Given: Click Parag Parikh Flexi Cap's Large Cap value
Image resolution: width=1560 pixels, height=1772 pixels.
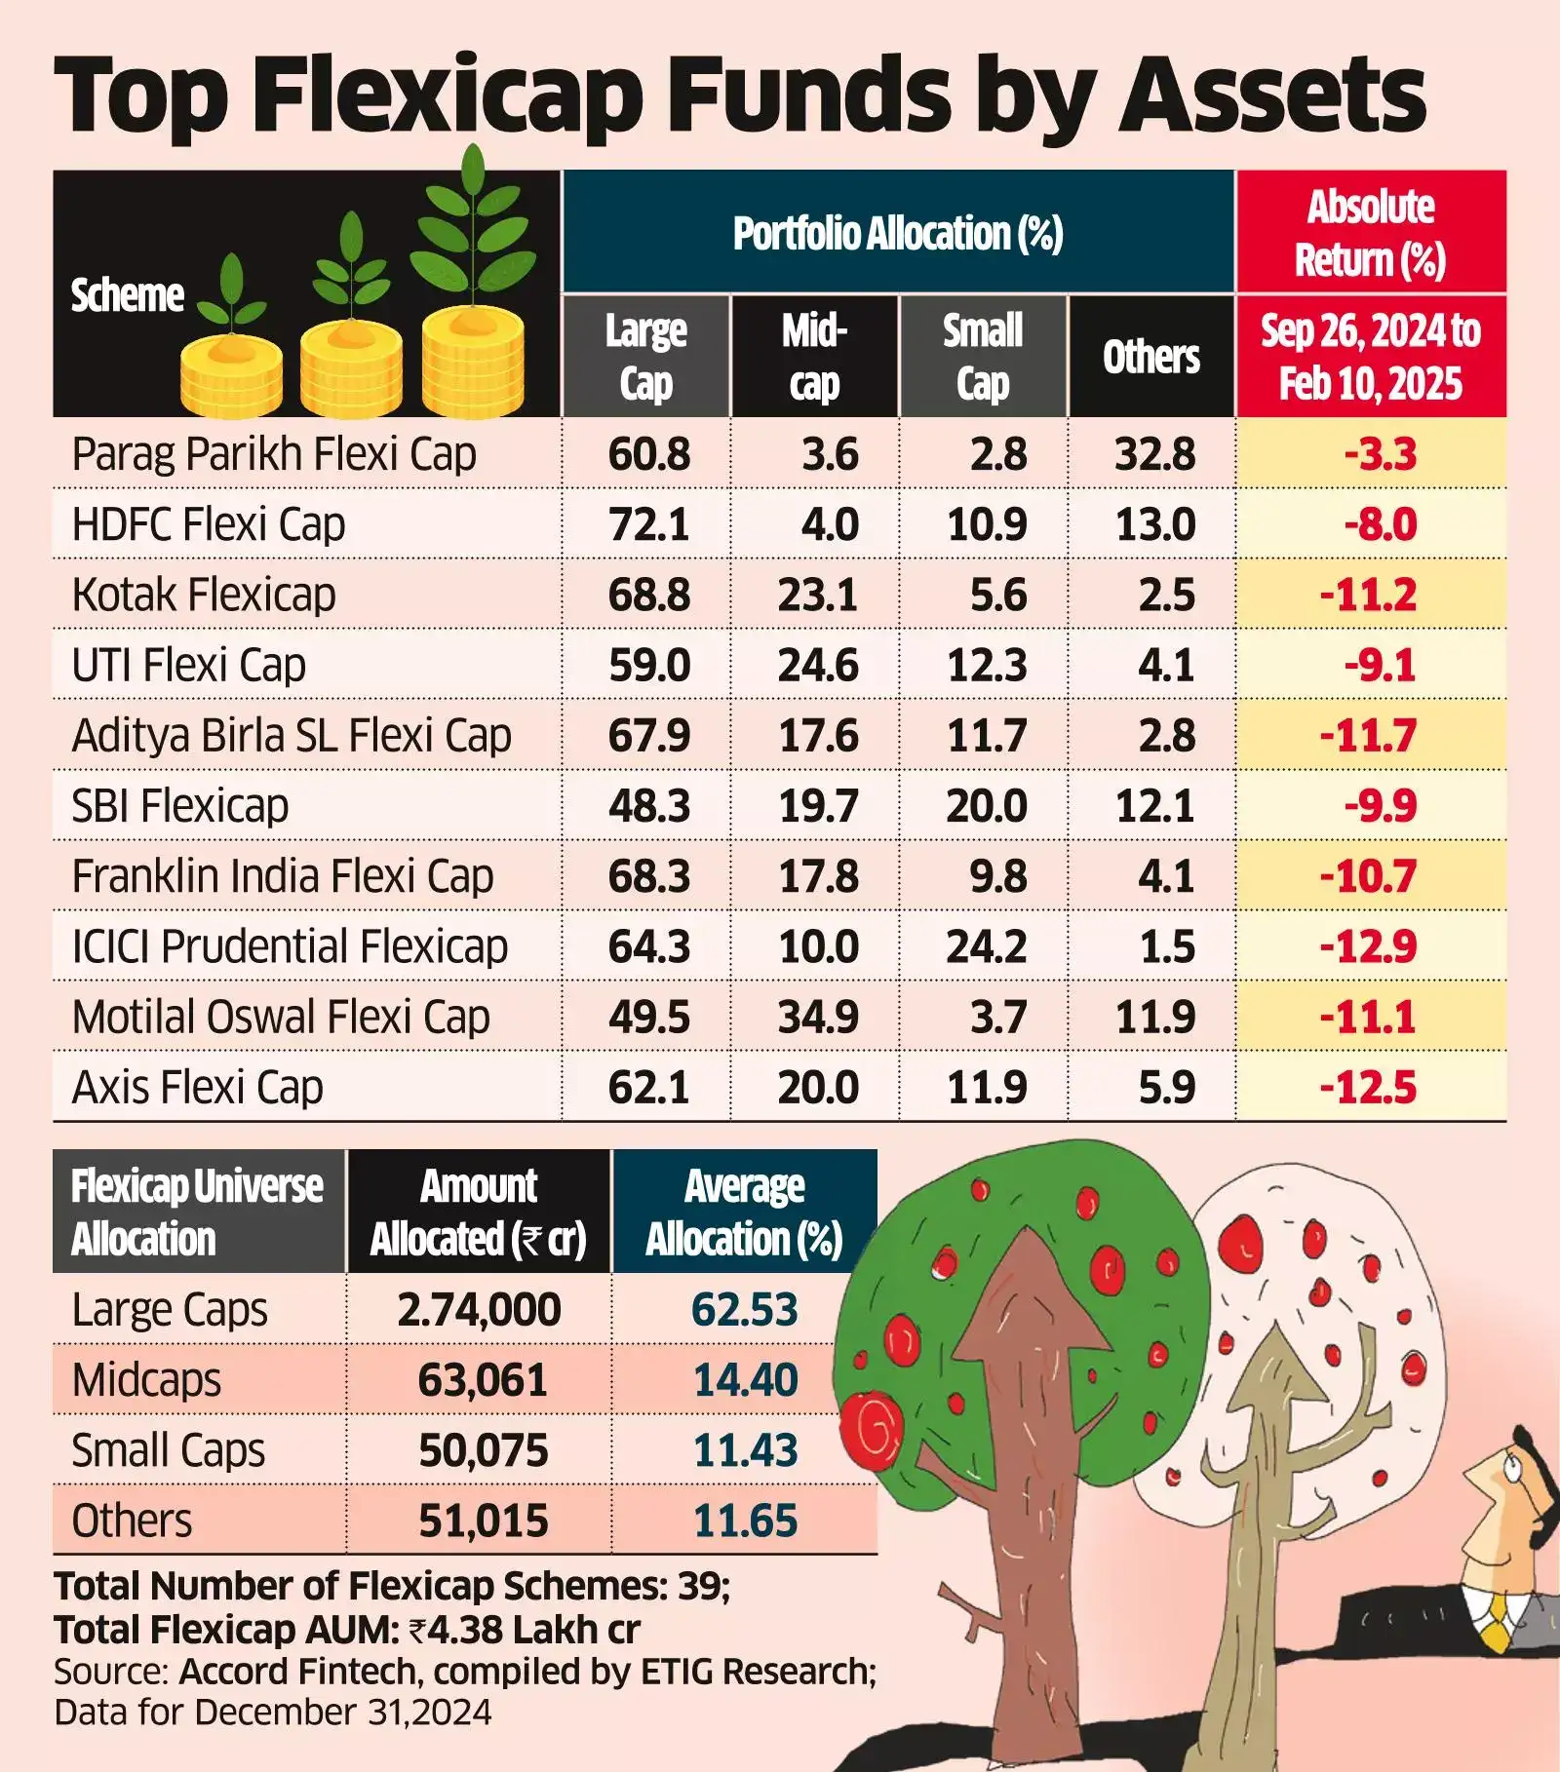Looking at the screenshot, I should click(x=648, y=454).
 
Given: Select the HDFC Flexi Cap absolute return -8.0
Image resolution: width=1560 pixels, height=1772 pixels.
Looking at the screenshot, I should click(x=1380, y=524).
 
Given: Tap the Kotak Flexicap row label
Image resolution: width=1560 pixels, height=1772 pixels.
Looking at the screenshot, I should click(x=204, y=595).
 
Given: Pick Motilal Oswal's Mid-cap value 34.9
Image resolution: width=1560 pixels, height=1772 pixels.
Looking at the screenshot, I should click(x=818, y=1017).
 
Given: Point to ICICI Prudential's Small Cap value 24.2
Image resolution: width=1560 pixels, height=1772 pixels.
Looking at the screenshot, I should click(x=986, y=946).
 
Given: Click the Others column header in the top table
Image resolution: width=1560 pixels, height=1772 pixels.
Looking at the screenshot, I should click(x=1151, y=357).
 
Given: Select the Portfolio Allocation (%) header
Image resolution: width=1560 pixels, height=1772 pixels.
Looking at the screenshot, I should click(x=898, y=233).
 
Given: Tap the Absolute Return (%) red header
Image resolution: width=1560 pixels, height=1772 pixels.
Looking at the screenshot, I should click(x=1370, y=233).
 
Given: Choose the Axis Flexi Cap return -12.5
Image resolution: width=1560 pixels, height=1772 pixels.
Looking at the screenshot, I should click(x=1368, y=1087).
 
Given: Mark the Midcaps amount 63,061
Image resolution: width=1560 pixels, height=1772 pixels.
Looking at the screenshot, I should click(x=482, y=1380).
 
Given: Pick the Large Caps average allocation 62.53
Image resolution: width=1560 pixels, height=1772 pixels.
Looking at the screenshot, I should click(x=744, y=1309).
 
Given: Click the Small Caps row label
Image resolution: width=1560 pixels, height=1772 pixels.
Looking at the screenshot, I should click(x=168, y=1450).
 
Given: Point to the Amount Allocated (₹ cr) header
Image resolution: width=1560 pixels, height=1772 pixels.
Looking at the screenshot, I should click(x=478, y=1213).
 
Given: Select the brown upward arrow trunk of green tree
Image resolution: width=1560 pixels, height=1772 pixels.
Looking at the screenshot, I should click(x=1024, y=1462).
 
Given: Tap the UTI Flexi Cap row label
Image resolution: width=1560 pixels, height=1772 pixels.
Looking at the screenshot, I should click(x=188, y=666).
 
